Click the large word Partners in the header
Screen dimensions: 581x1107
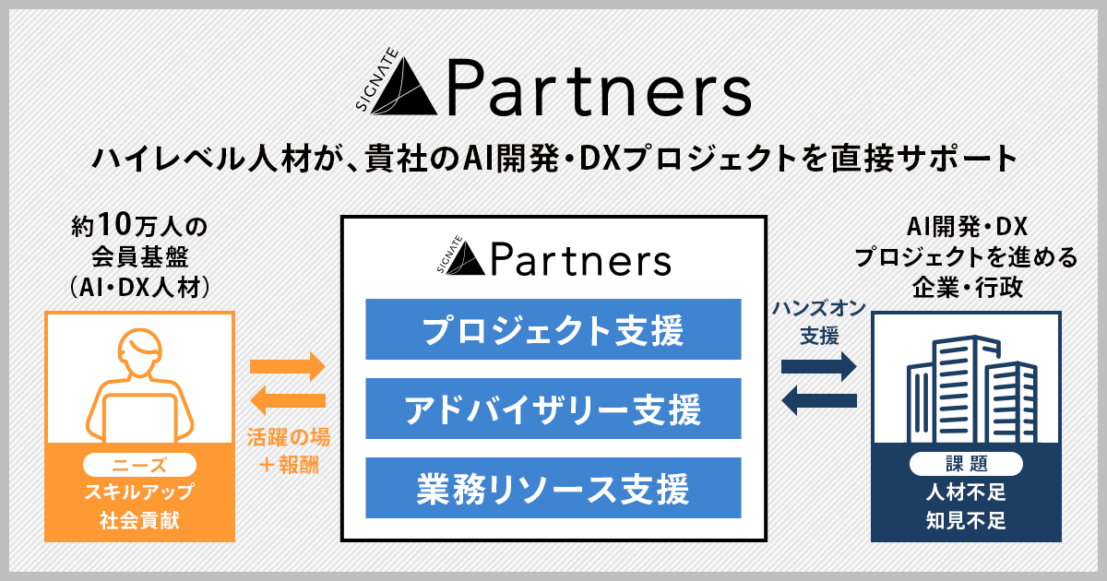pos(598,88)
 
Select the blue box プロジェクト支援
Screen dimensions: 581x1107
pos(553,329)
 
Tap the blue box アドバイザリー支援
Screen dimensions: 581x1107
pos(553,409)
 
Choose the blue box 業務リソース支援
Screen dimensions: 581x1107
pos(553,487)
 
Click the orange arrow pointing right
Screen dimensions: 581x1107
pos(288,366)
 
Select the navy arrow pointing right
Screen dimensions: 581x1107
pos(818,366)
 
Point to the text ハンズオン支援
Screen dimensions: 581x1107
pos(818,322)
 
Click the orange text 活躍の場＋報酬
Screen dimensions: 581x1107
pos(288,449)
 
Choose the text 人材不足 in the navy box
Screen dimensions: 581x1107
pos(966,492)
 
